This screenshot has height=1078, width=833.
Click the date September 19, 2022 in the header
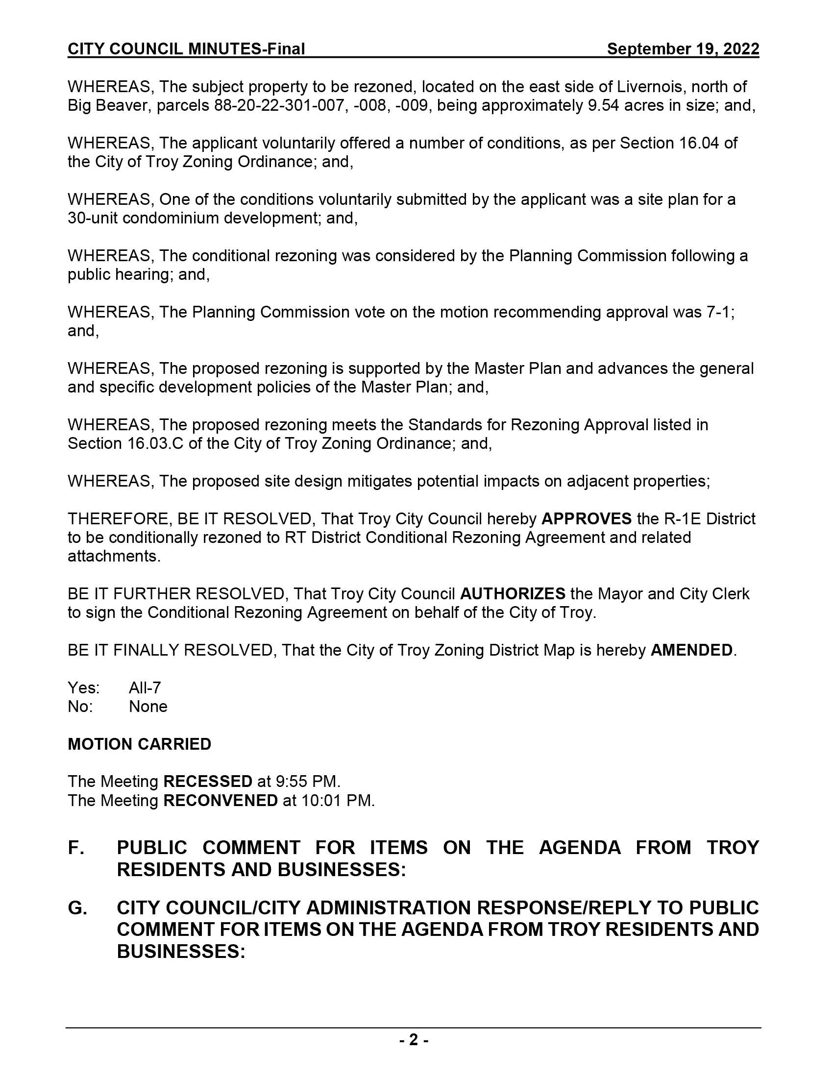[683, 49]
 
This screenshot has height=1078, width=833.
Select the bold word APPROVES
[586, 519]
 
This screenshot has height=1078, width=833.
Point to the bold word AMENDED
[691, 650]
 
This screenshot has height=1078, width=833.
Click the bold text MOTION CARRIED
[139, 744]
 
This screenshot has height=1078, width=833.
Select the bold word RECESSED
[208, 782]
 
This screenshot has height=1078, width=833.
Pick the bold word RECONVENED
[220, 800]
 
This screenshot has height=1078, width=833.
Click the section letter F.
[75, 848]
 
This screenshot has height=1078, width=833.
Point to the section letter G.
[76, 907]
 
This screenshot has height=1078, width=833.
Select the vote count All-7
[145, 687]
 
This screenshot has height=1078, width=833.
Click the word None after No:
[148, 706]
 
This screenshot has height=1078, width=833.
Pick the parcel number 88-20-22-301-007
[279, 105]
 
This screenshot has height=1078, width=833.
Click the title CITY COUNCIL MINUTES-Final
[186, 49]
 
